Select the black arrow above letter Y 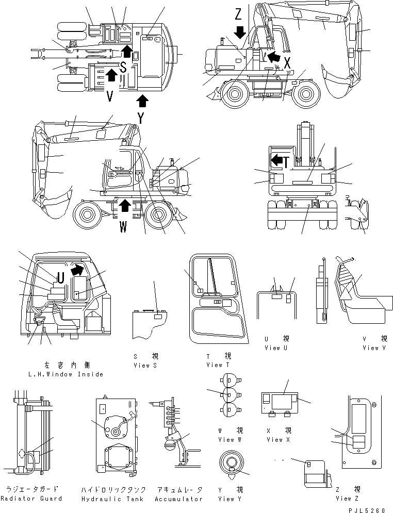tap(142, 100)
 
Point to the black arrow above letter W tap(124, 207)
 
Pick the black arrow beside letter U tap(77, 269)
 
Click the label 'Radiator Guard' tap(31, 499)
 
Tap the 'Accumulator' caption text tap(178, 499)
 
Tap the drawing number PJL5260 tap(367, 510)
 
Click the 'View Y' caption tap(230, 499)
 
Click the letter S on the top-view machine tap(123, 67)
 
